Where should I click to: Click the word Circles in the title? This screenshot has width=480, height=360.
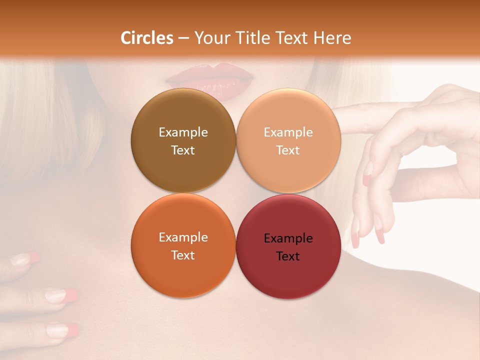pos(146,38)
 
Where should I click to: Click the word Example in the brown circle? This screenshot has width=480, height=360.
pos(183,132)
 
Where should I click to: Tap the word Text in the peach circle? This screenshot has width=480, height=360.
pos(288,150)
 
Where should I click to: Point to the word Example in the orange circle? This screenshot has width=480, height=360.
pos(183,237)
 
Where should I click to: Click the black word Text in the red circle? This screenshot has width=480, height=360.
pos(288,256)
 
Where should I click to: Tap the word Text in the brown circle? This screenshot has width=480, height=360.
pos(183,150)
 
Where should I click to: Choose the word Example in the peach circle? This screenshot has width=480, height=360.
pos(288,132)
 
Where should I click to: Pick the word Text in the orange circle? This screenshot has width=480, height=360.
pos(183,255)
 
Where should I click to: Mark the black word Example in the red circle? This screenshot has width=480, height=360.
pos(288,238)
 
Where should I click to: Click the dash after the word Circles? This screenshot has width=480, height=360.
pos(183,38)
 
